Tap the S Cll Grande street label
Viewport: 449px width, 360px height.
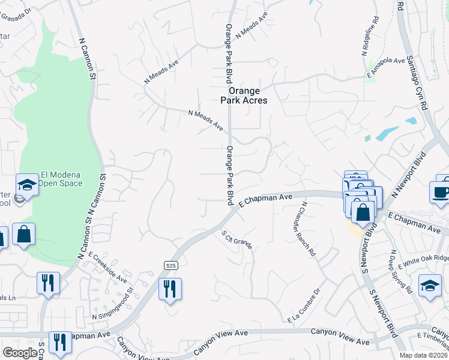[236, 239]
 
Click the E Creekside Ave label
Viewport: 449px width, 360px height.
[108, 267]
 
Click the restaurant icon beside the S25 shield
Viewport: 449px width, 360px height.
[170, 289]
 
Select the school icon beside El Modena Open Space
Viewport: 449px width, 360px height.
[27, 184]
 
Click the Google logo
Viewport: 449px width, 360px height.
[20, 353]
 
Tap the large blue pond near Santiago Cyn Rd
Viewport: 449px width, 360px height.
[387, 133]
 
